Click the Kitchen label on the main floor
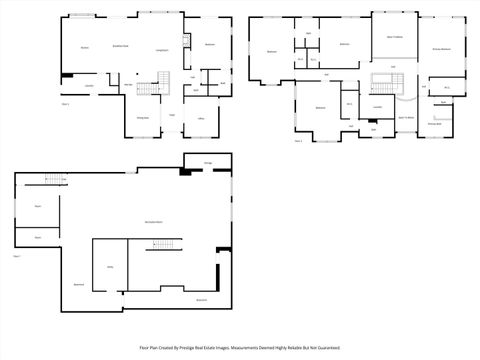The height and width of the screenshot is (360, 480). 85,47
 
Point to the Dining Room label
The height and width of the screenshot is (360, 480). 143,117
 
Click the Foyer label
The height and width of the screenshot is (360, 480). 172,115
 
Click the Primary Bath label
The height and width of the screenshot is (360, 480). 435,124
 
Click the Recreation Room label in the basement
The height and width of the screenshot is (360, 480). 155,221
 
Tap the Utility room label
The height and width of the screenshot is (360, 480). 110,266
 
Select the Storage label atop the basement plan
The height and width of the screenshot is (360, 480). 208,161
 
